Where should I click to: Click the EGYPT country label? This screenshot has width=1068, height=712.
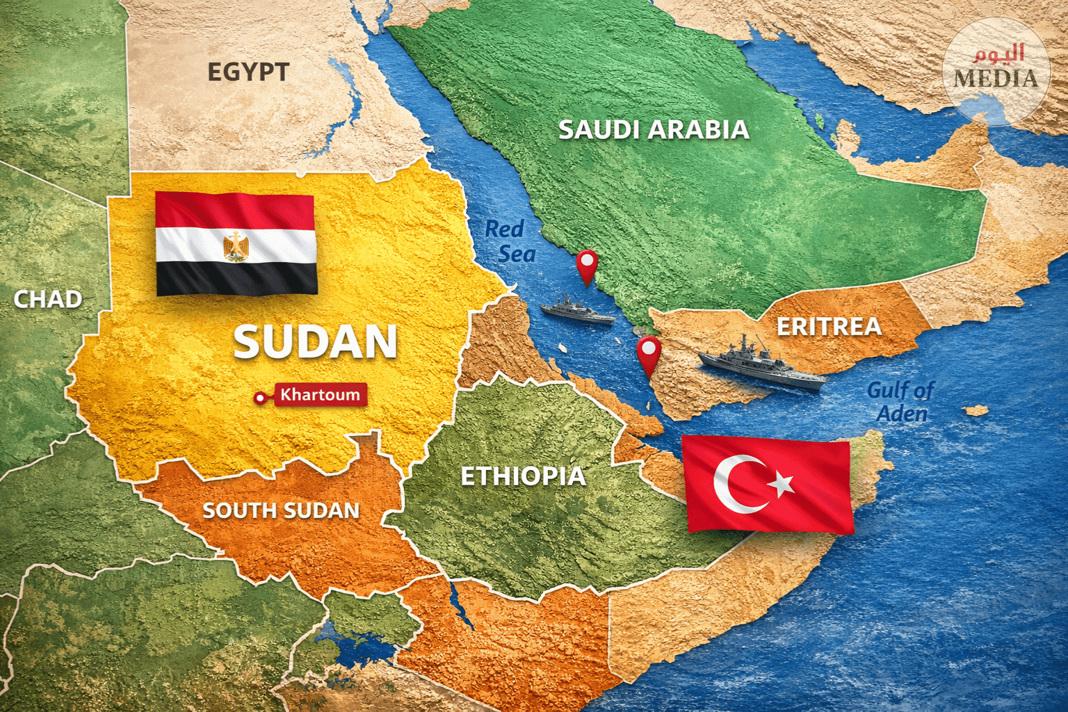click(x=248, y=72)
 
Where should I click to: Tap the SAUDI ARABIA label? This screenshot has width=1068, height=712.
click(x=654, y=129)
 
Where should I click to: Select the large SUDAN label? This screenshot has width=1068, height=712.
click(x=315, y=342)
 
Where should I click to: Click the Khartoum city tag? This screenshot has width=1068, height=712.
click(x=319, y=395)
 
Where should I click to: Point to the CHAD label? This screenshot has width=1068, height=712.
click(x=48, y=299)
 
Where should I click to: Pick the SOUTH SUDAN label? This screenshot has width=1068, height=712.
click(x=281, y=510)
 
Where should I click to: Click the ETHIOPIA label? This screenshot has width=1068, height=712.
click(x=523, y=476)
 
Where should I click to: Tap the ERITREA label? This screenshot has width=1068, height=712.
click(x=829, y=327)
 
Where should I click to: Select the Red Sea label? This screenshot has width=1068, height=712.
click(x=510, y=241)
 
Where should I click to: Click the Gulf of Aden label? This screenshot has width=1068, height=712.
click(x=900, y=402)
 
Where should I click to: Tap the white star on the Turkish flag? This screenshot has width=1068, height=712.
click(x=782, y=483)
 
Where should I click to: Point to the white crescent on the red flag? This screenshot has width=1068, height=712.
click(x=737, y=484)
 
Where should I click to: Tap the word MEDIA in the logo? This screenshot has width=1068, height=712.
click(x=996, y=78)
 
